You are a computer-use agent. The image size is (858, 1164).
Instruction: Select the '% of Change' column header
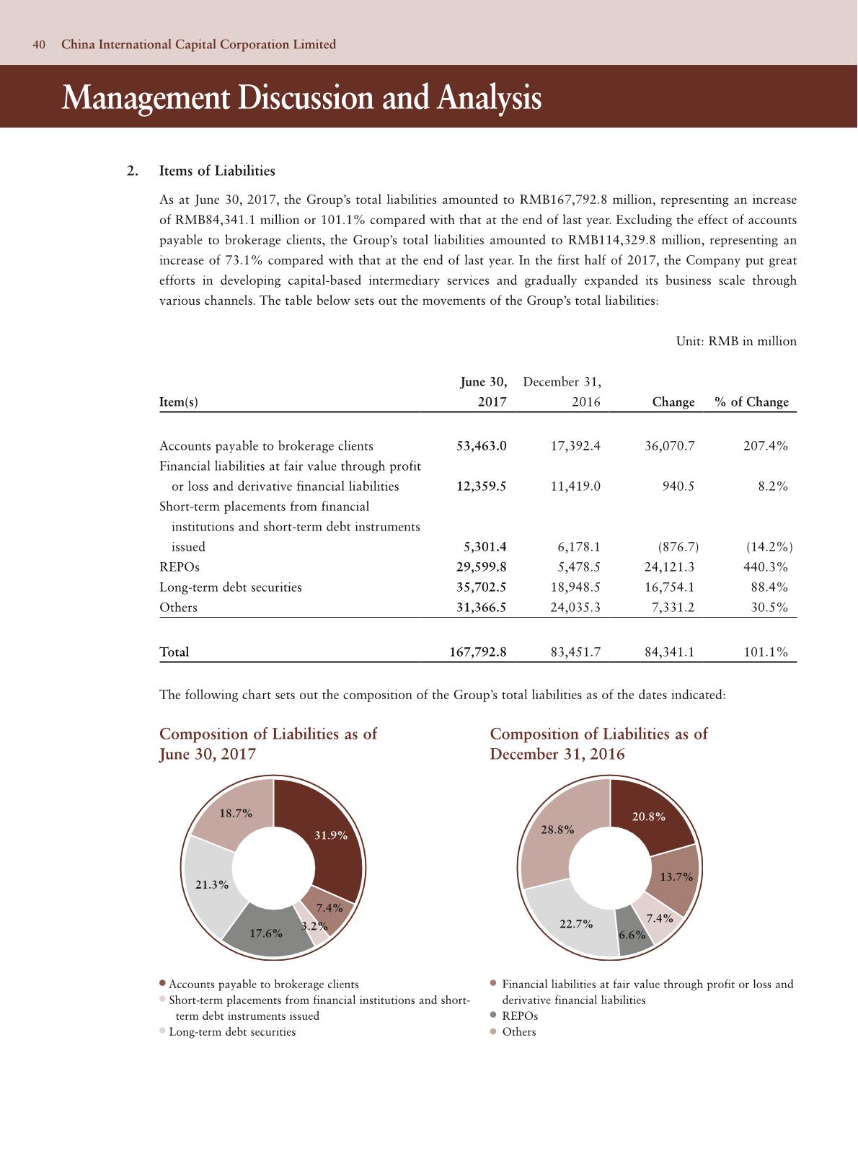click(x=751, y=402)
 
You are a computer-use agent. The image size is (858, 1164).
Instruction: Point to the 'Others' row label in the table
click(x=178, y=608)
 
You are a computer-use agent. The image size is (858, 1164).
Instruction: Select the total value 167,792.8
click(x=478, y=652)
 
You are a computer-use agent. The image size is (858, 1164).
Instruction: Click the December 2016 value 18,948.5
click(x=575, y=587)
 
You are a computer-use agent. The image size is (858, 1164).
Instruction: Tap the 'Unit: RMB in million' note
click(x=736, y=342)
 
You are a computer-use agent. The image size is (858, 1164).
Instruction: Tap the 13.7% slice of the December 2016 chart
click(x=676, y=877)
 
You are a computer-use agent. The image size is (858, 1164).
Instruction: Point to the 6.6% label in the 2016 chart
click(x=632, y=936)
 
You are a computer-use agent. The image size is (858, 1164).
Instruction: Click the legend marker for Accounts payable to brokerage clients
click(x=164, y=984)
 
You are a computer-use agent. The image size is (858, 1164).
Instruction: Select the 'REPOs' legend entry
click(x=520, y=1016)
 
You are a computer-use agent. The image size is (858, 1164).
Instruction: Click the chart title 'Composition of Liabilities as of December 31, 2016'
click(x=598, y=744)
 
